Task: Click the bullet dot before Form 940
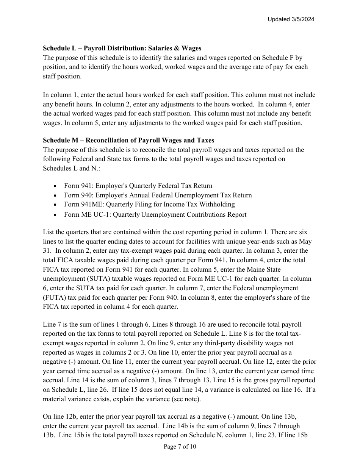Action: click(x=56, y=195)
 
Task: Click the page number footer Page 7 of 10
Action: click(x=180, y=447)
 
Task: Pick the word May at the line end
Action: click(x=305, y=241)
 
